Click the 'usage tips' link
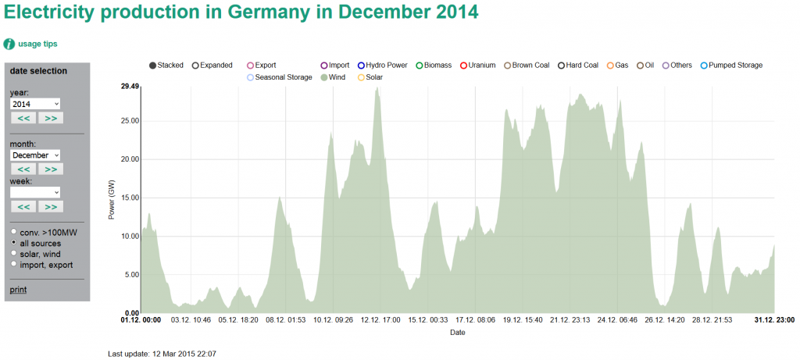(x=37, y=44)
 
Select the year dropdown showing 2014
(x=35, y=104)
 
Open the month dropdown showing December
(x=35, y=155)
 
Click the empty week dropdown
(x=35, y=192)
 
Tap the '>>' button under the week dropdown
(x=51, y=206)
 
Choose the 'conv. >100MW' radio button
(x=13, y=233)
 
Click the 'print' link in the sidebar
(x=17, y=290)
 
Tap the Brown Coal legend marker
(x=508, y=66)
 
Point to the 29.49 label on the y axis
(x=128, y=87)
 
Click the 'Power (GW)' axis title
(x=112, y=200)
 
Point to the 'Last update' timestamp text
(x=162, y=354)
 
